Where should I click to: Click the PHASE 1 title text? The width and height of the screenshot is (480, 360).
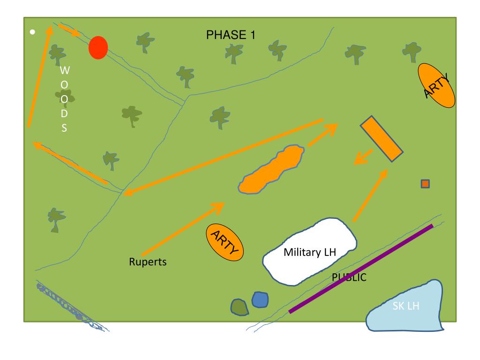pos(231,35)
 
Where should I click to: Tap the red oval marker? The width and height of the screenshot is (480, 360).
pos(98,47)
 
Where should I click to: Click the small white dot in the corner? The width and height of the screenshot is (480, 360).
pos(32,32)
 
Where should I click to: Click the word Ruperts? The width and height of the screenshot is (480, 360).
pos(148,262)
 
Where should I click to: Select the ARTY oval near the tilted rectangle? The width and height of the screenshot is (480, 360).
pos(436,86)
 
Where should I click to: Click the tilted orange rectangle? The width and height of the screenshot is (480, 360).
pos(381,138)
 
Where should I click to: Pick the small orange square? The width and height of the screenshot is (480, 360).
pos(425,184)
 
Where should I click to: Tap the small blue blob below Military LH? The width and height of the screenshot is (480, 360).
pos(260,300)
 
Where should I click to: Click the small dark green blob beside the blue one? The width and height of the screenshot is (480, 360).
pos(240,307)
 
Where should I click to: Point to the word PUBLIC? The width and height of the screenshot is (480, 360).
pos(349,277)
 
